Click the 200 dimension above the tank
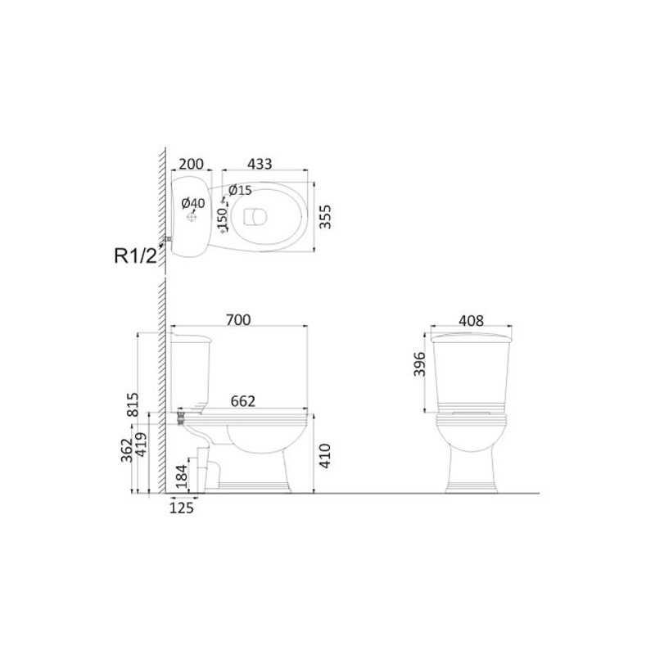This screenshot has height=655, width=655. click(x=191, y=165)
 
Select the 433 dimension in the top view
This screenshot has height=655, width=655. click(x=260, y=165)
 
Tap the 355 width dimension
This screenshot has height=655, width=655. click(x=324, y=216)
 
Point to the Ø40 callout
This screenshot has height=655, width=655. click(x=193, y=203)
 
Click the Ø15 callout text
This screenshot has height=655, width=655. click(x=240, y=191)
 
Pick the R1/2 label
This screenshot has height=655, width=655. click(x=135, y=255)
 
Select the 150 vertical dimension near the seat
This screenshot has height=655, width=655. click(x=223, y=219)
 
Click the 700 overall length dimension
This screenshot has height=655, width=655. click(x=238, y=320)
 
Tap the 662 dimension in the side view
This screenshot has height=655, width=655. click(x=242, y=401)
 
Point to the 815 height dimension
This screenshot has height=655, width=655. click(x=133, y=404)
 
